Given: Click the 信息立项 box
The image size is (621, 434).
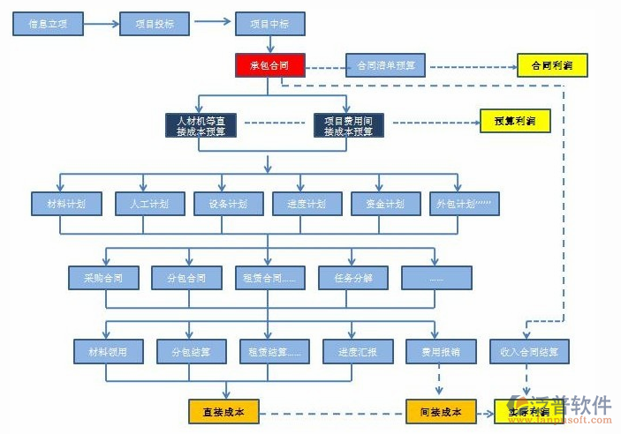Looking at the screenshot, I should [x=48, y=23].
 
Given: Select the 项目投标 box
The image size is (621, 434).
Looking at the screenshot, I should [x=155, y=23].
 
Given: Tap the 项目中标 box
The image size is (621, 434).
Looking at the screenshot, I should [x=270, y=23].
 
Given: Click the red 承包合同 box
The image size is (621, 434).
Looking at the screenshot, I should [x=269, y=65].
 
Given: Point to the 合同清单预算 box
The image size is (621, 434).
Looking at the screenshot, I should [x=385, y=65].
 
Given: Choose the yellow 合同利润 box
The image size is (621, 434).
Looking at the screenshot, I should [x=551, y=65].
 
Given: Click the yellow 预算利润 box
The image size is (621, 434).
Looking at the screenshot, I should [x=515, y=121].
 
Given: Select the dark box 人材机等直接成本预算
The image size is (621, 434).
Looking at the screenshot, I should [x=201, y=125].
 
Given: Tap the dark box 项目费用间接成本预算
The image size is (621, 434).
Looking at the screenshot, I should [x=348, y=125].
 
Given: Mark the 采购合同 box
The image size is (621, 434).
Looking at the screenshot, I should [x=104, y=278].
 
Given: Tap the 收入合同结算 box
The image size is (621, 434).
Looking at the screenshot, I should [x=529, y=352].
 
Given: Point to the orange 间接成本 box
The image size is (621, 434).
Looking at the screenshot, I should [x=441, y=411].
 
